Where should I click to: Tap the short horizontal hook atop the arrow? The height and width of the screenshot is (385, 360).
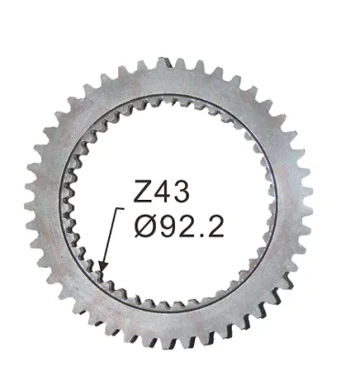121,209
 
